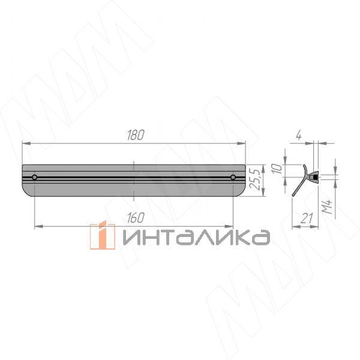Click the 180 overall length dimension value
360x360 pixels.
point(136,135)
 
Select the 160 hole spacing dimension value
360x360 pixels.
point(136,217)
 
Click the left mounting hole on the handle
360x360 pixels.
point(35,178)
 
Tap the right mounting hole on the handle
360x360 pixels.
point(233,178)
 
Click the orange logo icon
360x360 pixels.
point(103,235)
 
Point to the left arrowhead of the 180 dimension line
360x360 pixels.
point(25,143)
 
